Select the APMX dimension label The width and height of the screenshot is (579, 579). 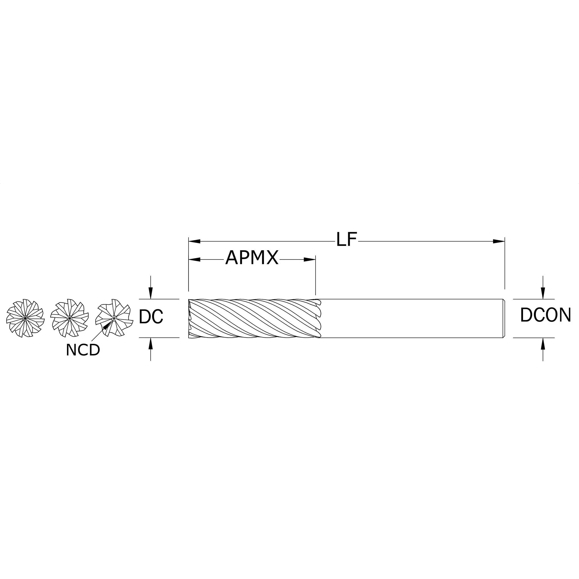[252, 258]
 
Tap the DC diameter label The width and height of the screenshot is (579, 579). [151, 316]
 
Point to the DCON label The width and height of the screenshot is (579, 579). [545, 315]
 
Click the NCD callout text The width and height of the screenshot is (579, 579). [83, 350]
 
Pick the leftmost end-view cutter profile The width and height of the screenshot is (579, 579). [25, 318]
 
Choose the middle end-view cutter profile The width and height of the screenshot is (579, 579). [70, 318]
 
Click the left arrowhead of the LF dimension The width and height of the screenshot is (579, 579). [194, 241]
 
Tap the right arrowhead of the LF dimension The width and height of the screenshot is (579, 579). [499, 241]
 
